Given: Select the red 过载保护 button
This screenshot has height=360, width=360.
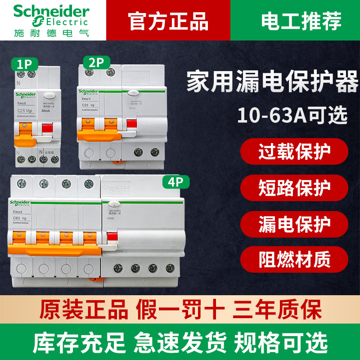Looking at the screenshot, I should pyautogui.click(x=294, y=153).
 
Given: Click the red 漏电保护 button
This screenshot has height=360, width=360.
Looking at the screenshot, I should pyautogui.click(x=294, y=223).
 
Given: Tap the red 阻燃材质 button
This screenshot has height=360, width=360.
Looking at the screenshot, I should pyautogui.click(x=294, y=259).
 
